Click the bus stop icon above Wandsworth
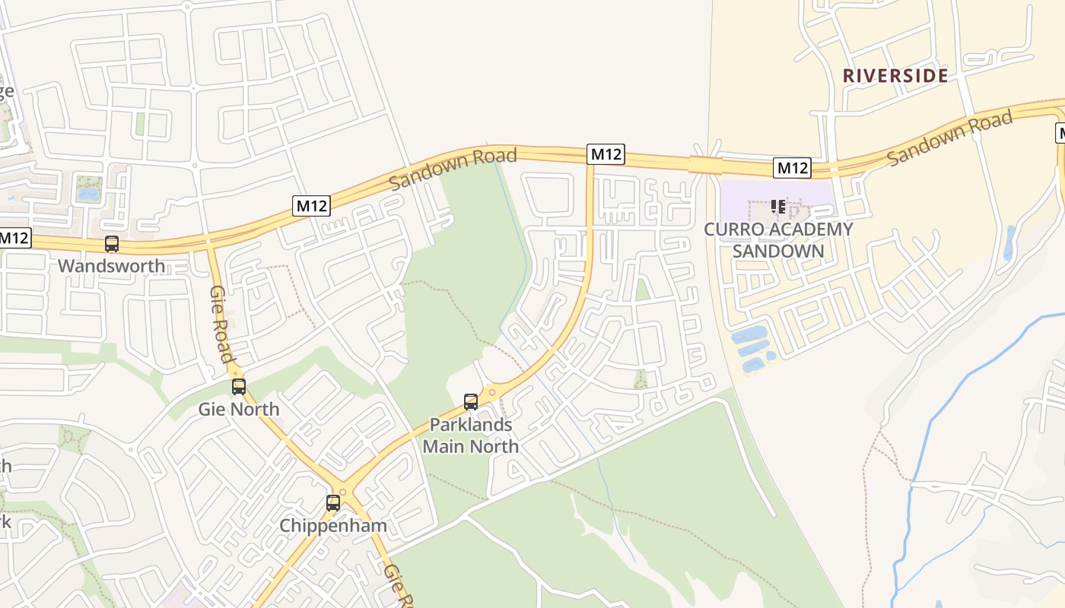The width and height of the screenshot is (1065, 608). (112, 244)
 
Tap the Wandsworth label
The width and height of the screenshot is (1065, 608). (111, 266)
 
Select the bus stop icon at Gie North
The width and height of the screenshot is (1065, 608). (239, 387)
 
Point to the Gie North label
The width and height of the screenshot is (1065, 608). (239, 409)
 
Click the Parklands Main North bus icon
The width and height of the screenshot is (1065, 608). (471, 402)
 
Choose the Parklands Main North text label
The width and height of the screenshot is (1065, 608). (471, 435)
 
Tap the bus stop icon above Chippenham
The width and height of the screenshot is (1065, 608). (333, 503)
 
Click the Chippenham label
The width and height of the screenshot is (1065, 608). (333, 525)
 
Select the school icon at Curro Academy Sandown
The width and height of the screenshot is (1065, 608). (777, 207)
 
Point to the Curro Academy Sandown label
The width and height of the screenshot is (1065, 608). (778, 239)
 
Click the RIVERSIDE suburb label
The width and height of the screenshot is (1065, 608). (895, 75)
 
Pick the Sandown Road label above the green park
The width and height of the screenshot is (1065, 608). (453, 169)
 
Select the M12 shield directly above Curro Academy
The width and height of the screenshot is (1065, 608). (792, 168)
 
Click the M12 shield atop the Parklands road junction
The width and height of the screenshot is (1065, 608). (606, 154)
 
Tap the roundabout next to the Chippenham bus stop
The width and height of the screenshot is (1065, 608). (343, 492)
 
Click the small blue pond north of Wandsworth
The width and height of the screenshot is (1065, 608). (88, 194)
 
